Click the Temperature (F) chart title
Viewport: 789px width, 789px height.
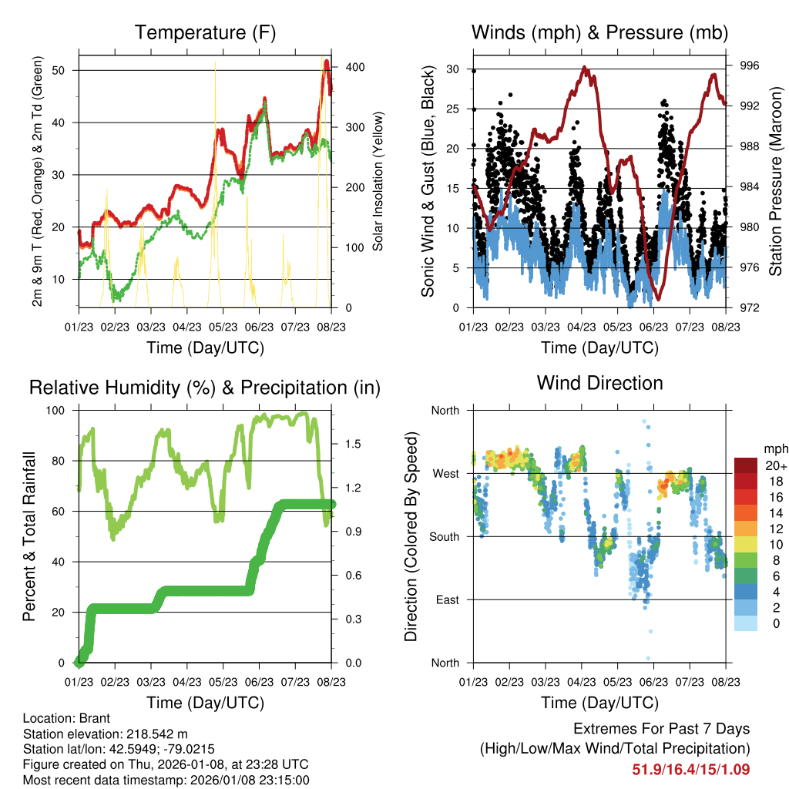[x=205, y=33]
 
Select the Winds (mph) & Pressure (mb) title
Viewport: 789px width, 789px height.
[x=599, y=33]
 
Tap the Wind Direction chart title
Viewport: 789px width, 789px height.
[x=599, y=383]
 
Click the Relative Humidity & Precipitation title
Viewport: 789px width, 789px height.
[x=205, y=388]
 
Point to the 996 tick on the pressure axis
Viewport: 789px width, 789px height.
[x=749, y=66]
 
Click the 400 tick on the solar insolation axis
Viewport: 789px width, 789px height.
[x=354, y=67]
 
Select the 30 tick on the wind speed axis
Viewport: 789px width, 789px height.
[x=455, y=69]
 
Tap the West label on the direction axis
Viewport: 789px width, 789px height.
[x=446, y=473]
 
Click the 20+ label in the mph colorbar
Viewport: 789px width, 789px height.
[x=774, y=464]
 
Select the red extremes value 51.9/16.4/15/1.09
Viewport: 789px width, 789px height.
[x=690, y=769]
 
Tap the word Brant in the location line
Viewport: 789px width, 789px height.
[x=94, y=718]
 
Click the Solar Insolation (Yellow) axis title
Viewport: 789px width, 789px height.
[x=378, y=182]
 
